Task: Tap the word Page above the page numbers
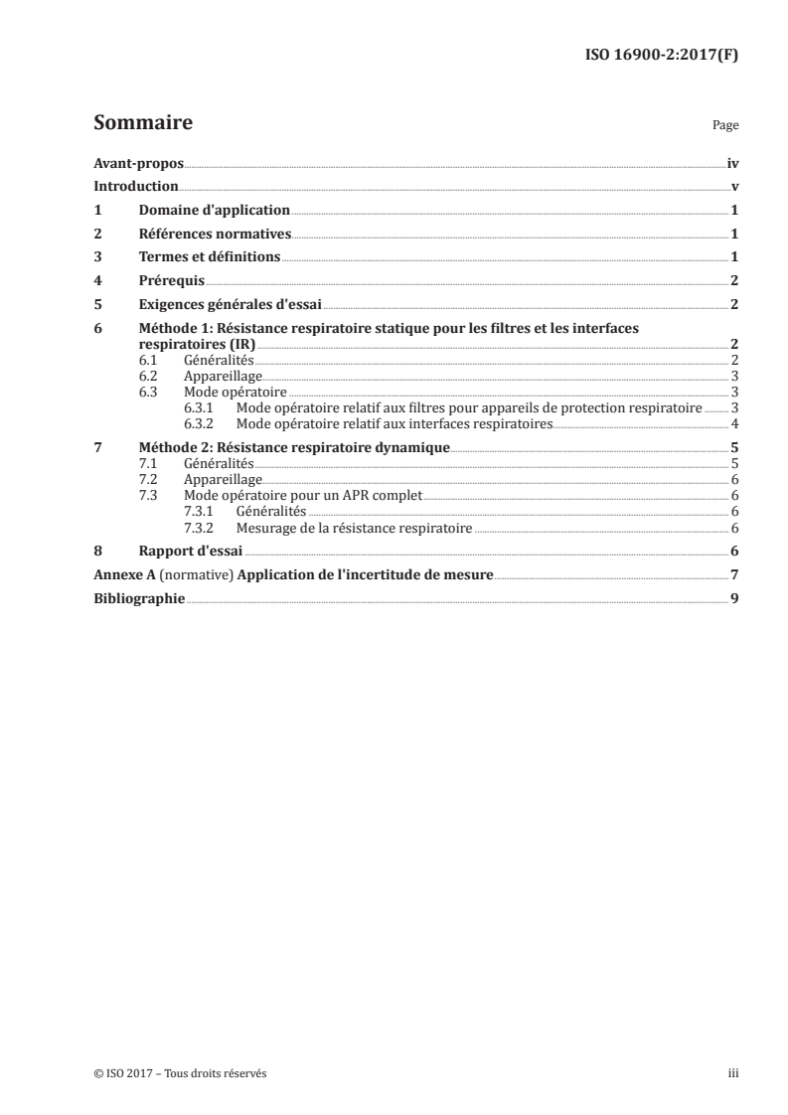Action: (725, 126)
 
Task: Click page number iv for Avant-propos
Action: (732, 163)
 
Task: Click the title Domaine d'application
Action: (215, 211)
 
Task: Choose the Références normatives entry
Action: (215, 235)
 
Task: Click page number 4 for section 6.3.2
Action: (733, 423)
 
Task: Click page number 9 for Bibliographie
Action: (733, 598)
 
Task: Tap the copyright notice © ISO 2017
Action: (123, 1073)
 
